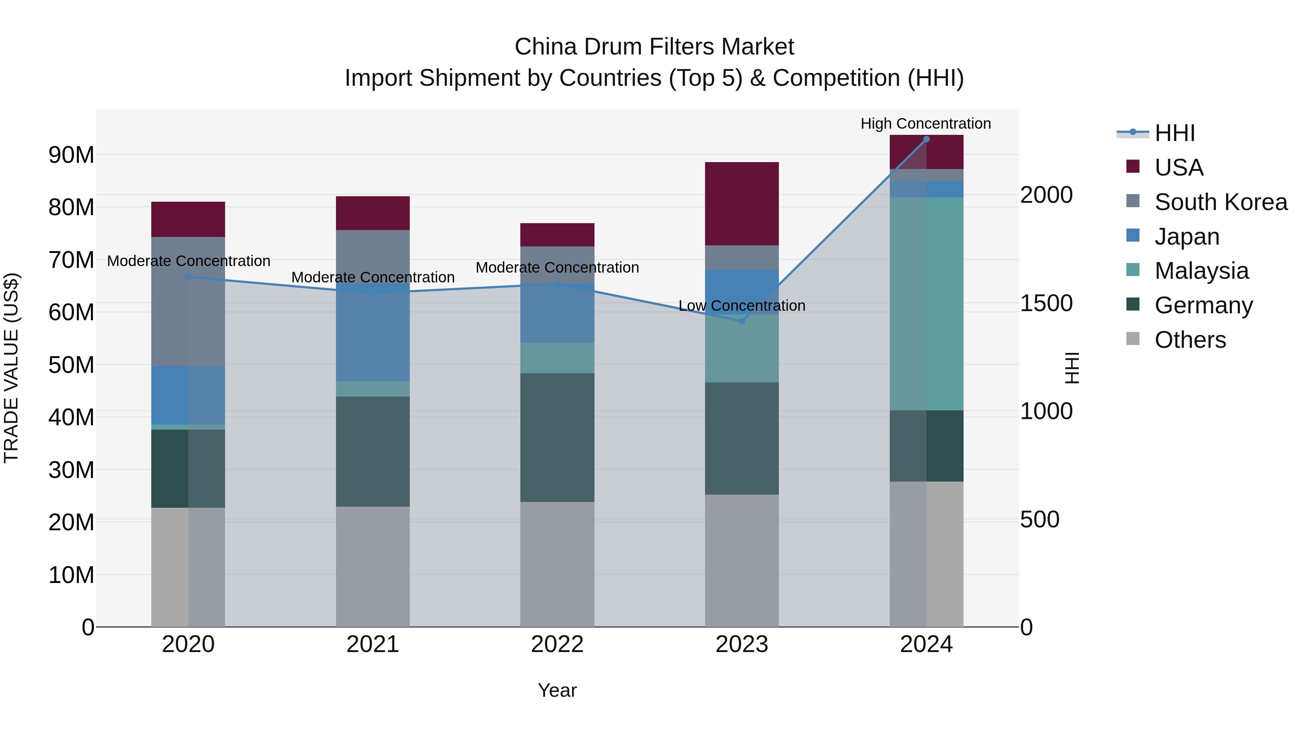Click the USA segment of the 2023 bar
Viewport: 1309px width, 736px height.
pyautogui.click(x=741, y=204)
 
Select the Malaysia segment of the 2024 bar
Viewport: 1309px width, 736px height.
pyautogui.click(x=926, y=304)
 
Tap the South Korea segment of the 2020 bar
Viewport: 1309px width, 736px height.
pyautogui.click(x=188, y=301)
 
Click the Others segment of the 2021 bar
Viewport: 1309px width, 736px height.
pyautogui.click(x=372, y=566)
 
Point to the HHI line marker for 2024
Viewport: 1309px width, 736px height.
pyautogui.click(x=926, y=139)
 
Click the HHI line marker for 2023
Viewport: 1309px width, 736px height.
pyautogui.click(x=741, y=321)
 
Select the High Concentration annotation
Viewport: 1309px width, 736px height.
pyautogui.click(x=925, y=124)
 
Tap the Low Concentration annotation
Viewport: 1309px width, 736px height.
pyautogui.click(x=741, y=306)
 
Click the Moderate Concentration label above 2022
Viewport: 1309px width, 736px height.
pyautogui.click(x=557, y=268)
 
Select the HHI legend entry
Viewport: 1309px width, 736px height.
pyautogui.click(x=1174, y=133)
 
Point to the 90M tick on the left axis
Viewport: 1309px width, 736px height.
pyautogui.click(x=71, y=155)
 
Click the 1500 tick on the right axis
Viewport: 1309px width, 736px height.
pyautogui.click(x=1046, y=303)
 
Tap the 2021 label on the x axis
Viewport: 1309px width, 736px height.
pyautogui.click(x=372, y=644)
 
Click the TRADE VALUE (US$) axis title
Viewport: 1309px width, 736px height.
pyautogui.click(x=11, y=368)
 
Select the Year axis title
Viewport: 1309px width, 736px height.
pyautogui.click(x=557, y=690)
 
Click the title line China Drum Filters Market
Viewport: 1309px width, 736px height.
pyautogui.click(x=654, y=47)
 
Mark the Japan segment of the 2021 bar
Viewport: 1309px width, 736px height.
pyautogui.click(x=372, y=333)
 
